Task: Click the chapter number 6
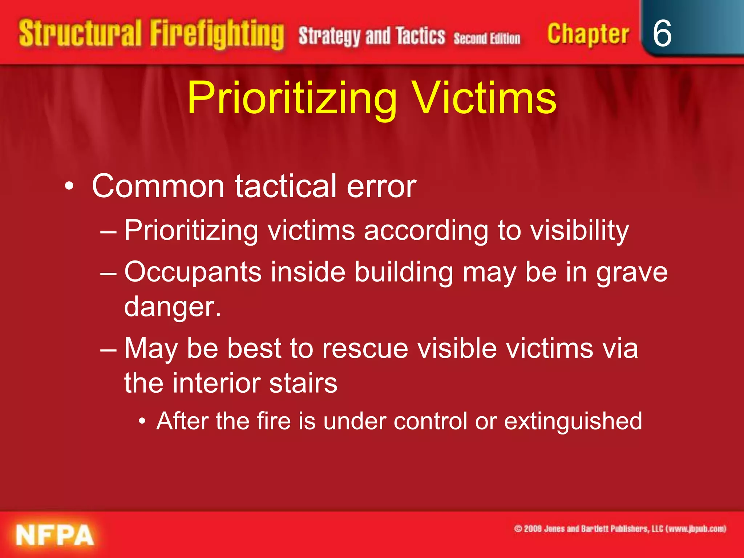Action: click(x=662, y=33)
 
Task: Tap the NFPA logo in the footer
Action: click(x=55, y=535)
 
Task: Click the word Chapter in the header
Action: click(x=588, y=35)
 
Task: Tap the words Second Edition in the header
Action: click(x=487, y=38)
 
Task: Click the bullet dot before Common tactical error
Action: click(x=69, y=187)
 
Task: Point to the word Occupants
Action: click(x=193, y=272)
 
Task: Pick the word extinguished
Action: click(x=573, y=421)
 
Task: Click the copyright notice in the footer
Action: click(x=620, y=529)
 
